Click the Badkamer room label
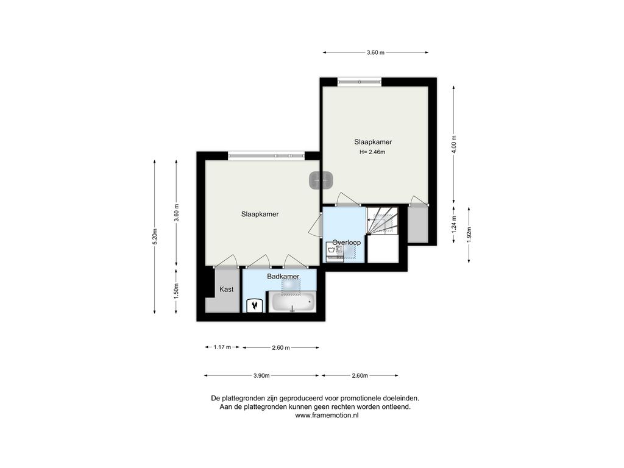coord(283,276)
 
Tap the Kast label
coord(227,289)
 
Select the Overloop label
coord(346,243)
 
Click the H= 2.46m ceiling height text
coord(372,152)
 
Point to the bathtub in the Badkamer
coord(292,302)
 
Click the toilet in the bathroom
coord(254,306)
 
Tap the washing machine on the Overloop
coord(335,252)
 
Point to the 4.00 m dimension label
coord(454,144)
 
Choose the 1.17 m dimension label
coord(222,347)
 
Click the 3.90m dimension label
coord(261,375)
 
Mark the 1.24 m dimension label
coord(454,224)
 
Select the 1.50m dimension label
coord(176,291)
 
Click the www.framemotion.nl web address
coord(327,416)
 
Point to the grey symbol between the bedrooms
coord(321,180)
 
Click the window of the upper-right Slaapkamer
coord(360,82)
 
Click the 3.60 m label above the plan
coord(375,52)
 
